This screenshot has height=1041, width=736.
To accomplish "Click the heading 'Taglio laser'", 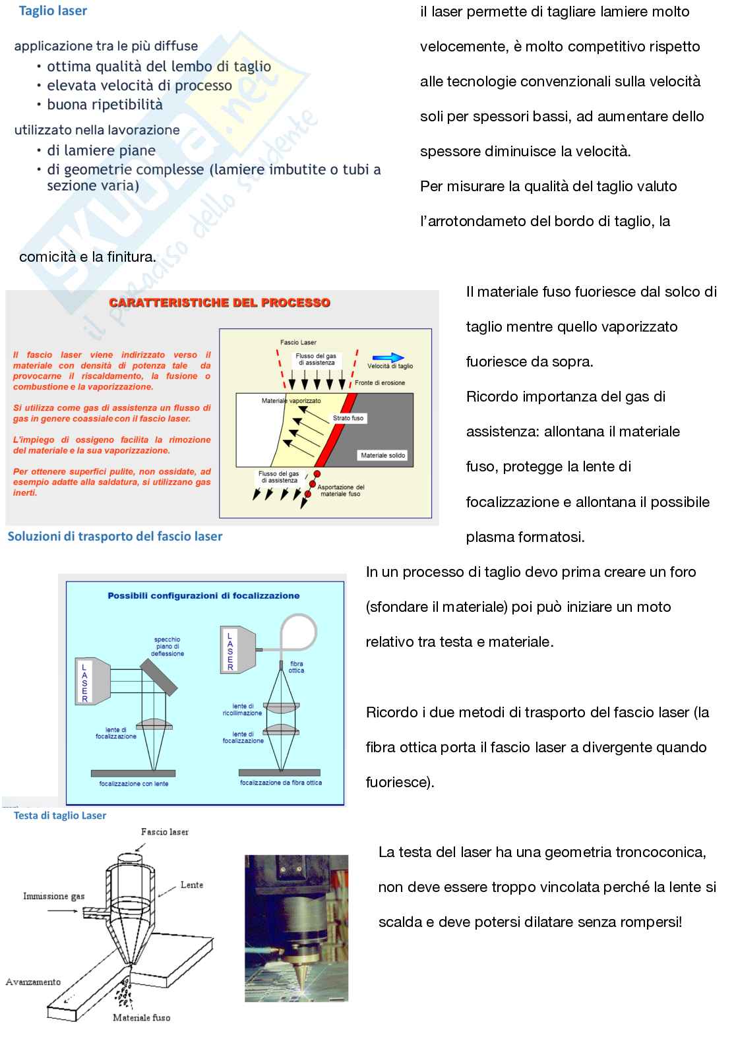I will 53,11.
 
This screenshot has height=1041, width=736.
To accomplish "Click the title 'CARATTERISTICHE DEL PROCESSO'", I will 220,303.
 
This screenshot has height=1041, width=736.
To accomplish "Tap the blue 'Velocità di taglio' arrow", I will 390,357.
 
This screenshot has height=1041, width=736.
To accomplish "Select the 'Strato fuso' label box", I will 348,418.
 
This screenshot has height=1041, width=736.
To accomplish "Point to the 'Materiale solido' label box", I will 383,456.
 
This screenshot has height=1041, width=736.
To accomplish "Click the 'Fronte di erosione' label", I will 380,382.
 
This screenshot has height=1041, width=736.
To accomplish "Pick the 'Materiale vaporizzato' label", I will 291,401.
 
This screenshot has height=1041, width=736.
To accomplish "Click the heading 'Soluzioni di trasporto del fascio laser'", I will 115,536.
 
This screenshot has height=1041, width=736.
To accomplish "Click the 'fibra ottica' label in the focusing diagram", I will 296,667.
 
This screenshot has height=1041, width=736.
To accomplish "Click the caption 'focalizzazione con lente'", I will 134,783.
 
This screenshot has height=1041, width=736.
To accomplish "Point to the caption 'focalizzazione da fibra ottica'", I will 281,783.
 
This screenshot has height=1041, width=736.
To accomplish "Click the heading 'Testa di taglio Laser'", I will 60,816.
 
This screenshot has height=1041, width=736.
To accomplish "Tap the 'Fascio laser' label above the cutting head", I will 164,832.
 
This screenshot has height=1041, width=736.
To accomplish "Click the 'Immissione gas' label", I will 54,896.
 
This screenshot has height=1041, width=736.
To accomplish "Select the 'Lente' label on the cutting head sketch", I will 192,885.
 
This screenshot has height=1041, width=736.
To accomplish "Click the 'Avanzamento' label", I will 34,982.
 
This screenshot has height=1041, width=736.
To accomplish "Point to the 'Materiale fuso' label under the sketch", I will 141,1017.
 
